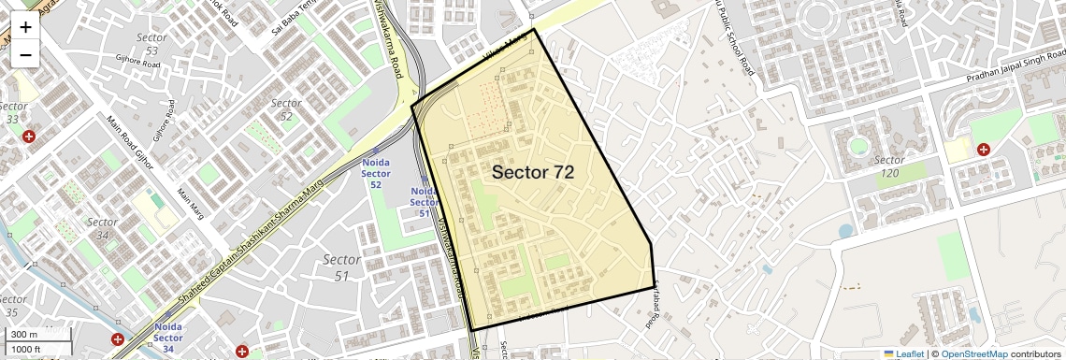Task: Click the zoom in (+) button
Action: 25,26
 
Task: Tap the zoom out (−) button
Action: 25,55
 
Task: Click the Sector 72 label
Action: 532,172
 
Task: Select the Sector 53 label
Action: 151,43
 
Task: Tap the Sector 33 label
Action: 13,113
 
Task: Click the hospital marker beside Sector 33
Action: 29,137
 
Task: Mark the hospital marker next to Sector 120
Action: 984,149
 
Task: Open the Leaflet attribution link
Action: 903,353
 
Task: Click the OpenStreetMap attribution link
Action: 974,353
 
